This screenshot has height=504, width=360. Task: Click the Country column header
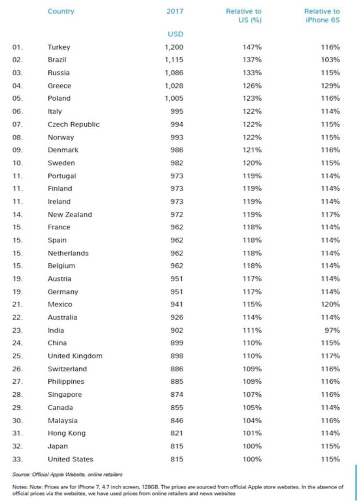61,12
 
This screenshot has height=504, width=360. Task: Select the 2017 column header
175,12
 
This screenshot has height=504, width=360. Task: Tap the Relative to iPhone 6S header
322,16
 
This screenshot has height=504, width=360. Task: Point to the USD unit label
175,34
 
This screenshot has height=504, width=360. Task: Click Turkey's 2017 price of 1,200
174,47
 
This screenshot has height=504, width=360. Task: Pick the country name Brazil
57,60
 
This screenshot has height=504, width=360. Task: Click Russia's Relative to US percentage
252,73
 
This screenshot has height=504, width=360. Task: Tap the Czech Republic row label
73,124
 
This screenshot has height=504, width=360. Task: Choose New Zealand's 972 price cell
177,215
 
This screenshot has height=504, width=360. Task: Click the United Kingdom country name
75,356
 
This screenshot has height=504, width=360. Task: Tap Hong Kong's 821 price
177,433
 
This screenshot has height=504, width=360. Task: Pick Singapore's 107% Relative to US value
252,395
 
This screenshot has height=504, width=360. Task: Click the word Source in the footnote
21,475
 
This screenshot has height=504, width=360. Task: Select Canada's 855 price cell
177,408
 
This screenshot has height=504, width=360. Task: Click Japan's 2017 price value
177,446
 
